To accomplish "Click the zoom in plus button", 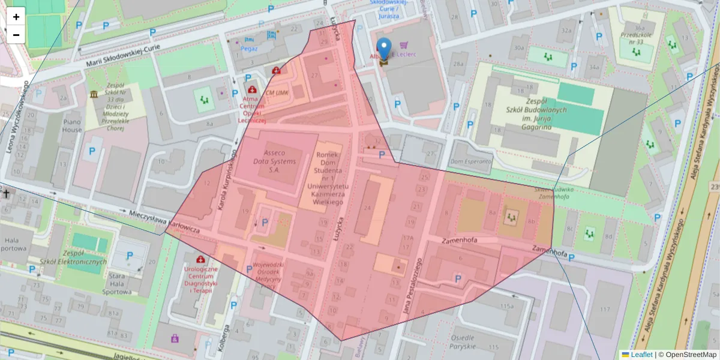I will pos(16,17).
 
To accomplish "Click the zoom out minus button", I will pos(16,35).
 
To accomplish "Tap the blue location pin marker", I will pos(384,50).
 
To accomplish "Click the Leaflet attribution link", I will pos(641,355).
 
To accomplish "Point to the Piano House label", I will pos(71,125).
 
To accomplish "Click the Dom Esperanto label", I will pos(470,162).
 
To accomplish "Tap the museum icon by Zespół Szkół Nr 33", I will pos(94,94).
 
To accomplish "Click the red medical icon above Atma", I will pos(250,79).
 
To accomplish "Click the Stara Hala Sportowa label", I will pos(116,284).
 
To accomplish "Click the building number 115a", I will pos(508,306).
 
